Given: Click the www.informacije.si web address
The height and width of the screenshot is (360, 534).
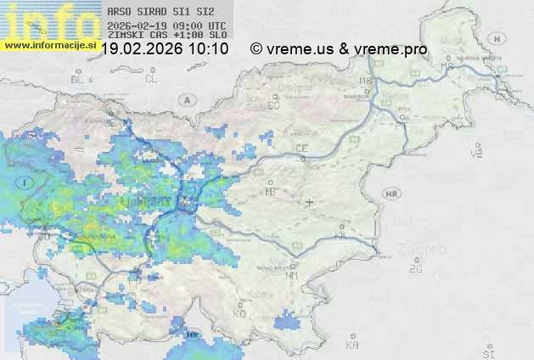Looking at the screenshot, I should point(51,45).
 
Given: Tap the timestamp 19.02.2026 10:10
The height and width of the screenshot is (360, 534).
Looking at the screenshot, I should point(166,49).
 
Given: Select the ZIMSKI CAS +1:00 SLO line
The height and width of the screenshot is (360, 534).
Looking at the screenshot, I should point(166,37).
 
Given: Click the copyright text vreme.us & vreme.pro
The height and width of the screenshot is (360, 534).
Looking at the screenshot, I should point(339,49).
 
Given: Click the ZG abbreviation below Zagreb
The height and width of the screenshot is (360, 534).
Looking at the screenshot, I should point(415,269).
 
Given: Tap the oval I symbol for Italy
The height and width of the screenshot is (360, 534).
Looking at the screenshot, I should point(27,183).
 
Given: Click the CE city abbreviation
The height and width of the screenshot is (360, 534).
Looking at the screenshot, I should point(301,149).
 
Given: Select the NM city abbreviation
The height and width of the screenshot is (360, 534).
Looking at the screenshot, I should point(292,275).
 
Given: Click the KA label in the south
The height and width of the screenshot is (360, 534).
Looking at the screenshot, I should point(352,345).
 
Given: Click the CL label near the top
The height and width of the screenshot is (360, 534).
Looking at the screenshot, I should point(152,79).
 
